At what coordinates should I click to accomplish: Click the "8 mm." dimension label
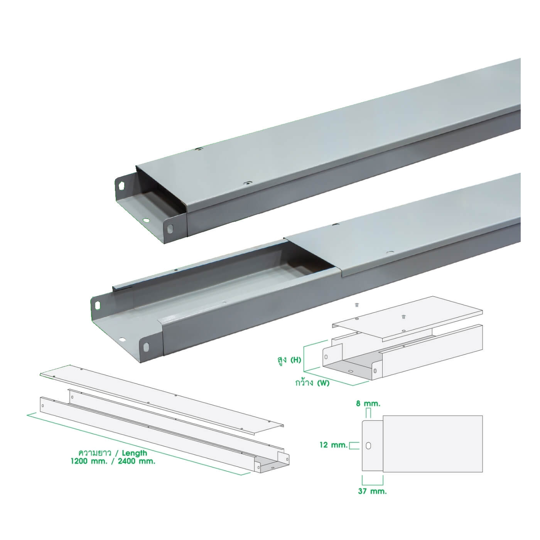pos(368,404)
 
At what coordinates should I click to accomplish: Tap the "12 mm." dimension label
pos(334,445)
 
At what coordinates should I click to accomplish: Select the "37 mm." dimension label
pos(373,491)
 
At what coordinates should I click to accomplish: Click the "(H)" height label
pos(295,360)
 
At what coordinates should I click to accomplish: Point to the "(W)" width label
pos(323,383)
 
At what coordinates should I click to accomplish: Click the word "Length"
pos(135,453)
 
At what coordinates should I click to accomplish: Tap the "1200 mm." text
pos(89,462)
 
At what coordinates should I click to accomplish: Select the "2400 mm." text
pos(137,462)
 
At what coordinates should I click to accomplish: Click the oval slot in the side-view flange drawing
pos(368,445)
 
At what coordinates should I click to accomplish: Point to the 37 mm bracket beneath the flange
pos(373,480)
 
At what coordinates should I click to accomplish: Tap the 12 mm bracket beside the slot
pos(354,445)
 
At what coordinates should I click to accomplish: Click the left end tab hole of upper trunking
pos(121,186)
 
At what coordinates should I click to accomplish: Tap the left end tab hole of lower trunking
pos(98,305)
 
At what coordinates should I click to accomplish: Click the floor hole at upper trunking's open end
pos(146,220)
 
